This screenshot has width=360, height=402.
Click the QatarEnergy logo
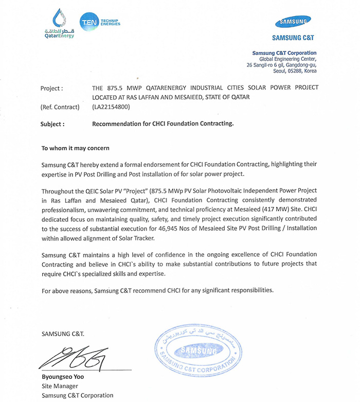[59, 24]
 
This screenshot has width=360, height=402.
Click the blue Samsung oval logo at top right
[293, 22]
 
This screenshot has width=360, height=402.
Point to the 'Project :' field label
[51, 88]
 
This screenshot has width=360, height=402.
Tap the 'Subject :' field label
[52, 124]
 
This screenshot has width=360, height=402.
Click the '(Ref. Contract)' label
[60, 107]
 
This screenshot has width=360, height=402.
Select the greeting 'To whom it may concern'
[75, 148]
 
